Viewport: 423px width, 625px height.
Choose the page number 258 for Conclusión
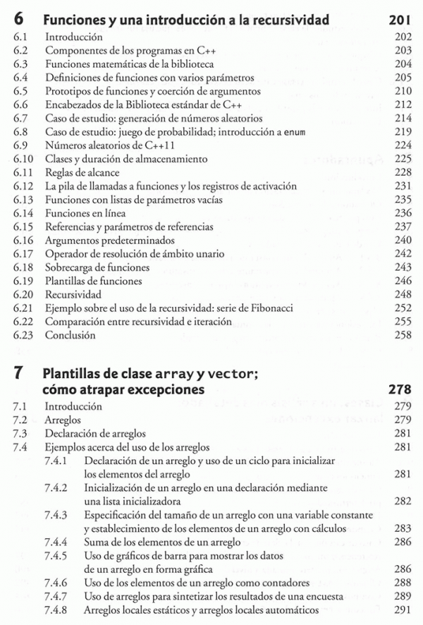click(x=401, y=336)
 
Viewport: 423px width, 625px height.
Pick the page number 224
click(x=401, y=145)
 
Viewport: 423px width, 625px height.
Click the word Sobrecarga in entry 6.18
click(x=69, y=267)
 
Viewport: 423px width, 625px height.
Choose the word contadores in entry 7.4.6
click(x=284, y=583)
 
